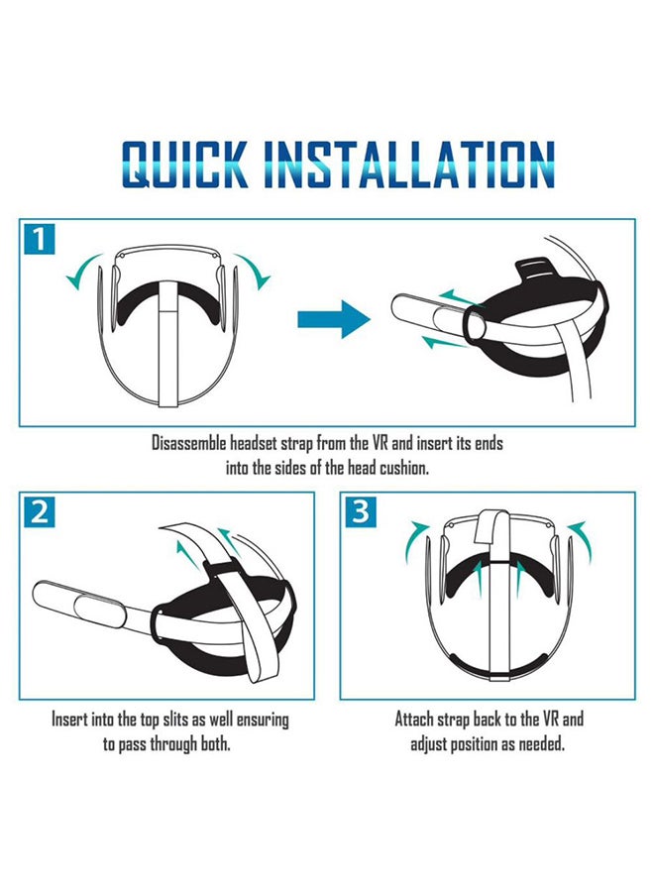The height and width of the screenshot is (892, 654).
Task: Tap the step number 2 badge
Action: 39,511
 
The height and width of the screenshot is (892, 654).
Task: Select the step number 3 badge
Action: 360,511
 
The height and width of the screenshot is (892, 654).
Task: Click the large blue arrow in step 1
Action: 334,319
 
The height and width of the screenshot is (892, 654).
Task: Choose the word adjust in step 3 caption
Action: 433,742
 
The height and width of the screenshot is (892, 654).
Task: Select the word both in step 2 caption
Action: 214,742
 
